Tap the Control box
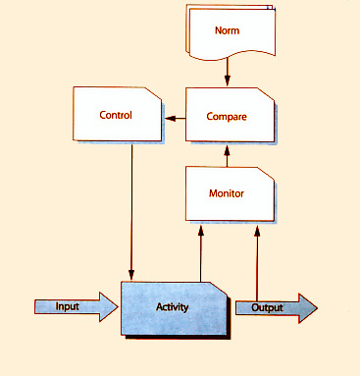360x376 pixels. coord(116,115)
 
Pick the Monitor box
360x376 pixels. coord(227,192)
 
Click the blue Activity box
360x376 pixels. coord(174,308)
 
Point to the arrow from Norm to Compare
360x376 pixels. coord(228,71)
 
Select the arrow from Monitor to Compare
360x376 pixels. coord(228,153)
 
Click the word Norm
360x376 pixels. coord(227,29)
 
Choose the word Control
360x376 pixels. coord(116,115)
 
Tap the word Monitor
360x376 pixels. coord(227,193)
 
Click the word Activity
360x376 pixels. coord(173,308)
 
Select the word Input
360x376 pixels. coord(68,306)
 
